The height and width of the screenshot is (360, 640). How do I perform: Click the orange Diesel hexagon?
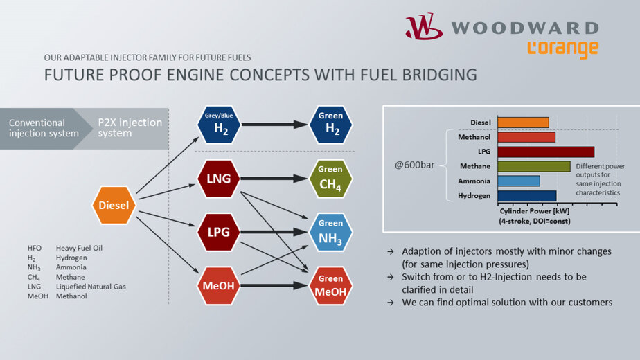pyautogui.click(x=114, y=206)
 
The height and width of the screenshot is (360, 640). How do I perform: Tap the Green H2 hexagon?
pyautogui.click(x=330, y=125)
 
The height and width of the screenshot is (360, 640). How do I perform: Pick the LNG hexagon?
pyautogui.click(x=218, y=179)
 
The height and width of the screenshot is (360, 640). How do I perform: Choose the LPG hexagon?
pyautogui.click(x=218, y=232)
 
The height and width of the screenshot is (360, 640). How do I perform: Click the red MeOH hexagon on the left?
pyautogui.click(x=218, y=285)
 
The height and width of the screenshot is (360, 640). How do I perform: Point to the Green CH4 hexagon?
pyautogui.click(x=330, y=179)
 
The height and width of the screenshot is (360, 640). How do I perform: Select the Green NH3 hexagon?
pyautogui.click(x=330, y=232)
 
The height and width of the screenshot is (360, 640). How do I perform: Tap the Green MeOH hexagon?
pyautogui.click(x=330, y=285)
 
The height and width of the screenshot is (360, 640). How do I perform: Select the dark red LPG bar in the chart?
pyautogui.click(x=545, y=152)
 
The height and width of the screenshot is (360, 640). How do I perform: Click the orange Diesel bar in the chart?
pyautogui.click(x=523, y=123)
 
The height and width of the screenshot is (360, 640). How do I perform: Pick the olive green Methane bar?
pyautogui.click(x=533, y=166)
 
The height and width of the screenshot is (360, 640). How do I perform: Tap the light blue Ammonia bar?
pyautogui.click(x=518, y=181)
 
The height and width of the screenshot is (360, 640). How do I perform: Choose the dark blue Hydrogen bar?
pyautogui.click(x=526, y=196)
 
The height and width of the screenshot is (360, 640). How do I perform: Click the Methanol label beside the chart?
pyautogui.click(x=475, y=137)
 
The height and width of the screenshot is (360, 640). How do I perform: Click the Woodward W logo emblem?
pyautogui.click(x=424, y=27)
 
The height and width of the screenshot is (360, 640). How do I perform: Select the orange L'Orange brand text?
pyautogui.click(x=562, y=49)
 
